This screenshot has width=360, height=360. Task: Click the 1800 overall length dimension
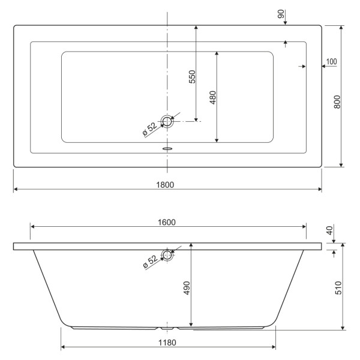tap(167, 184)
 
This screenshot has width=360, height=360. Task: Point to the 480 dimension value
tap(212, 98)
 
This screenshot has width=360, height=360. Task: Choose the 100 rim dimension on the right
tap(332, 62)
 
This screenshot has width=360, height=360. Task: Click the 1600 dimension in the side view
tap(167, 222)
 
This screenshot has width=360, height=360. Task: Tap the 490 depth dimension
tap(187, 288)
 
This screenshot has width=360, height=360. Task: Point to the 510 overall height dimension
tap(337, 287)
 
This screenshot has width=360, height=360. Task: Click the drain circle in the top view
tap(167, 122)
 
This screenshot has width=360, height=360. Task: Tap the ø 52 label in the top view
tap(150, 129)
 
